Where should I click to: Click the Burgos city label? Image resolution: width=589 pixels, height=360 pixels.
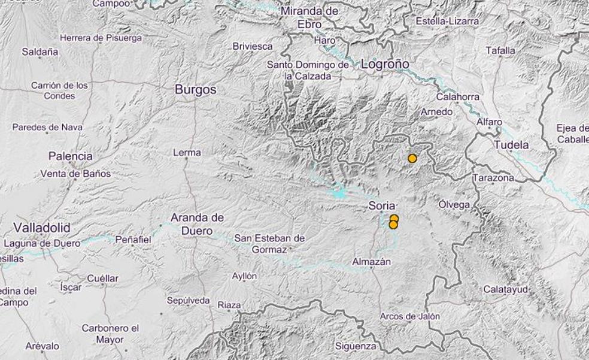pos(195,90)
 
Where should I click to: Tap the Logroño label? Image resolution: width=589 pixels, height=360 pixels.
pos(385,64)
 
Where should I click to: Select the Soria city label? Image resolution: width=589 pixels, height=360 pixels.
pos(382,206)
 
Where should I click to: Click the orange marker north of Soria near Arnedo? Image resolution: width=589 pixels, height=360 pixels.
pos(412,158)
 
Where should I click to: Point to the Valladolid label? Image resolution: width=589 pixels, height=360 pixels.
pos(41,228)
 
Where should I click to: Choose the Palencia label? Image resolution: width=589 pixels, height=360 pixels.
pos(71,156)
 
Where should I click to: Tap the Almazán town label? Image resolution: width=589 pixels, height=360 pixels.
pos(372,262)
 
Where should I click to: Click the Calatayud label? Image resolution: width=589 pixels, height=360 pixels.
pos(506,290)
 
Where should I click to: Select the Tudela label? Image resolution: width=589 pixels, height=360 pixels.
pos(511,145)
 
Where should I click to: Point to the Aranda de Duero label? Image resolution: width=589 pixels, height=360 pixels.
pos(197,222)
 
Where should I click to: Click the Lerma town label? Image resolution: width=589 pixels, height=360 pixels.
pos(187,153)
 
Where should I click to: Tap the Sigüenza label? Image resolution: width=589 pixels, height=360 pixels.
pos(356,346)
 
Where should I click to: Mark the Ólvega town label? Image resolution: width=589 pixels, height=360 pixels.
pos(454,204)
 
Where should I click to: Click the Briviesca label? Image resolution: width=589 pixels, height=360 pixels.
pos(253,46)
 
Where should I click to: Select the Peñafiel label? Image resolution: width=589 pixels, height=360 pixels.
pos(133,240)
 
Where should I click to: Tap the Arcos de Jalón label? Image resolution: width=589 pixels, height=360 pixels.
pos(410,316)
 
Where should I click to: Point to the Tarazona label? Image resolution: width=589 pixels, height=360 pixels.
pos(493,178)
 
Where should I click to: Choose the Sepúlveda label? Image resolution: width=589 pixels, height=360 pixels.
pos(189,300)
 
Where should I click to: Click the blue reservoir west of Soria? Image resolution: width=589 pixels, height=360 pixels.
pos(339,193)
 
